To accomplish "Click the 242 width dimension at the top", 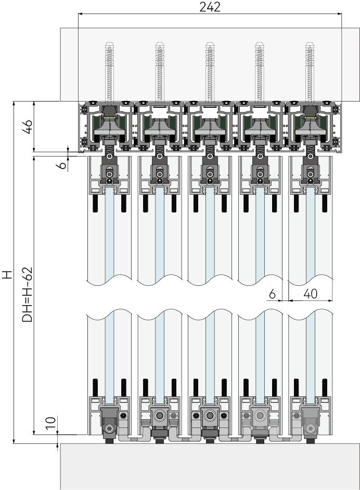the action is pyautogui.click(x=210, y=7).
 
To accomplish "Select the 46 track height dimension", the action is pyautogui.click(x=28, y=126).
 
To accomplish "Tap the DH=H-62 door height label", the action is pyautogui.click(x=27, y=294).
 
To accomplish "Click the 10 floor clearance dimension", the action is pyautogui.click(x=52, y=422).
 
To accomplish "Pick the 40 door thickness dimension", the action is pyautogui.click(x=310, y=294).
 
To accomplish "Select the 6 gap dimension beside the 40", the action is pyautogui.click(x=272, y=294).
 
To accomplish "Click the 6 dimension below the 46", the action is pyautogui.click(x=63, y=165).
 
